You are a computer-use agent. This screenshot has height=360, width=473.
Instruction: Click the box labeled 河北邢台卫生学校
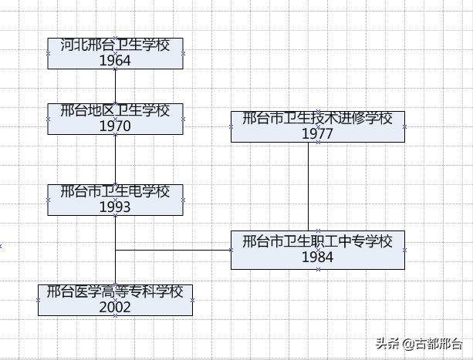[x=115, y=53]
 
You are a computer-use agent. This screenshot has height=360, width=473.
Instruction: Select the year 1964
[x=115, y=61]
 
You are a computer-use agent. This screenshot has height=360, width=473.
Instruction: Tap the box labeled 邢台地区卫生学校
[x=115, y=119]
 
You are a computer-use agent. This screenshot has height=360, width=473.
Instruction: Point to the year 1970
[x=115, y=126]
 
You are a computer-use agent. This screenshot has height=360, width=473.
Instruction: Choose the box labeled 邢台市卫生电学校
[x=115, y=199]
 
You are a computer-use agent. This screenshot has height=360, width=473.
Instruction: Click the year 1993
[x=115, y=207]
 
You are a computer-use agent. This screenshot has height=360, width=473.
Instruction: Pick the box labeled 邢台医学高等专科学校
[x=115, y=299]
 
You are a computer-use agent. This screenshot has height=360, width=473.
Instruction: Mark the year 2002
[x=115, y=307]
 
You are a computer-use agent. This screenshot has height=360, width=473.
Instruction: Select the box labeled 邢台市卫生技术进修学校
[x=317, y=126]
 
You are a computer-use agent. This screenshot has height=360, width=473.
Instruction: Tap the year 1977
[x=317, y=134]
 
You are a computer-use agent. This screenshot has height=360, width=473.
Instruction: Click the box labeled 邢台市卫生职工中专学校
[x=317, y=250]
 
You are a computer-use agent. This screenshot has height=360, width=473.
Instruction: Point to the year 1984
[x=317, y=257]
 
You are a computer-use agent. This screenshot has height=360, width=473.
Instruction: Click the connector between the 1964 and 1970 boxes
[x=115, y=86]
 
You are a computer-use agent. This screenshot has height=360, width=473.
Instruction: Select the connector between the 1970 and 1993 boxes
[x=115, y=159]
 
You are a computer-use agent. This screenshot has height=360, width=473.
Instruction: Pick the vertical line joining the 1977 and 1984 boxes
[x=309, y=186]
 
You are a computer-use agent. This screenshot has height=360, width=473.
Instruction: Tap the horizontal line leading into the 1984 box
[x=173, y=250]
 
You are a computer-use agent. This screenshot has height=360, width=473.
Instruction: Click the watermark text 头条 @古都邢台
[x=419, y=344]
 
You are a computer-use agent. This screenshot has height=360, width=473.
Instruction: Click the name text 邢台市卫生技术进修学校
[x=317, y=119]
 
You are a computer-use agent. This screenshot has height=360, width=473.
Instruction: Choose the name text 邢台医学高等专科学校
[x=115, y=291]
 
